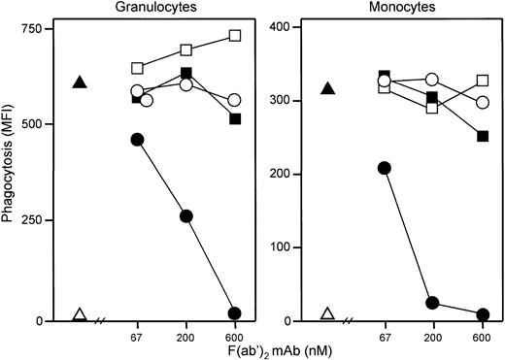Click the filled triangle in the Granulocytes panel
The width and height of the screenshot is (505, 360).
coord(81,82)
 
